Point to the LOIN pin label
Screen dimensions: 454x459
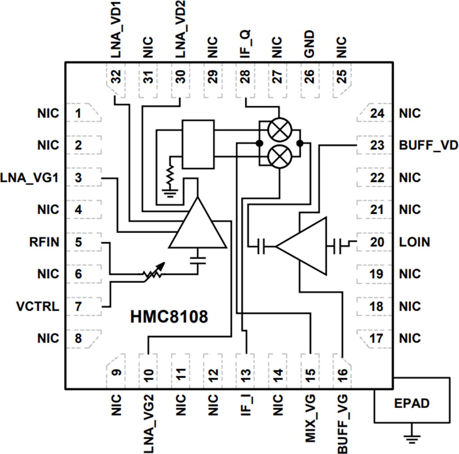point(414,242)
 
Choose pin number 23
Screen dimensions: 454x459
point(377,145)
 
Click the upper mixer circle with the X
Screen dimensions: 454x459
point(279,130)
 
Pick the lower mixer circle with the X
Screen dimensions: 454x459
point(279,156)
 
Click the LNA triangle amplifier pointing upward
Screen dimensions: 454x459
point(198,227)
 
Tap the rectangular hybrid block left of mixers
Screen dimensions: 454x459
point(198,144)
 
